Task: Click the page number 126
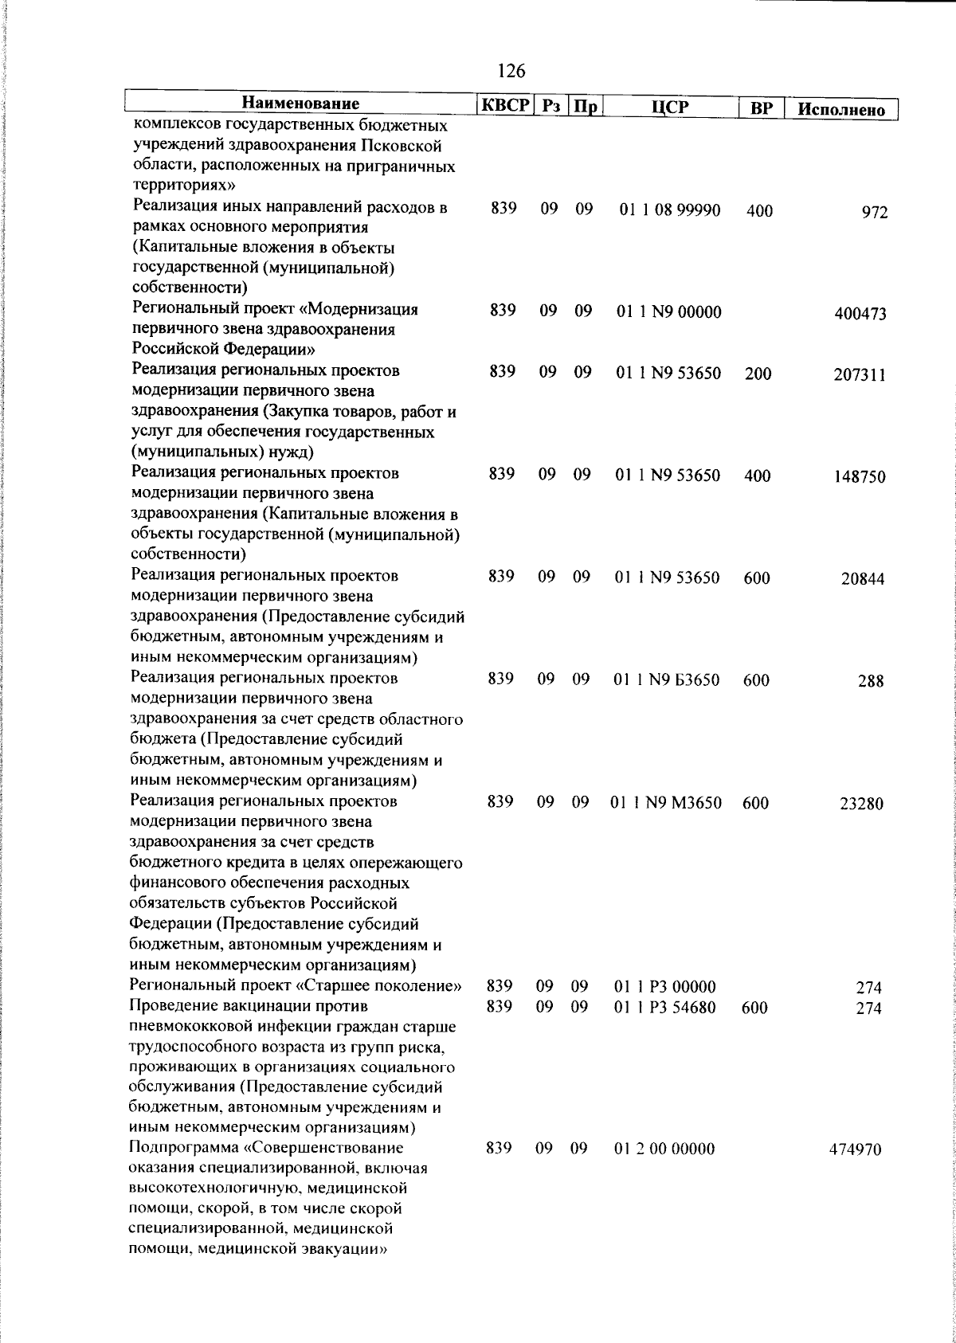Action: point(511,71)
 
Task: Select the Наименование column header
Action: point(300,104)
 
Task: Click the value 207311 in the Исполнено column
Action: point(860,375)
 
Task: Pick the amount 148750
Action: point(860,477)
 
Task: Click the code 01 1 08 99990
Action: point(669,211)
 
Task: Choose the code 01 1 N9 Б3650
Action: point(668,680)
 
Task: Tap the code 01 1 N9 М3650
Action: point(667,803)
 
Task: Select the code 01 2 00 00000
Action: point(664,1149)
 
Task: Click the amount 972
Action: point(874,213)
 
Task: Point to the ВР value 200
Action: point(758,374)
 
